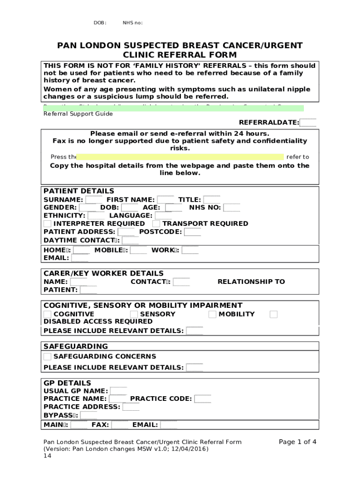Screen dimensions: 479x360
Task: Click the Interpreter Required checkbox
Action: (48, 224)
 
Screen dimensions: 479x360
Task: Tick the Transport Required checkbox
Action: (156, 224)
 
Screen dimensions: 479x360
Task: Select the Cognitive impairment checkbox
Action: (48, 314)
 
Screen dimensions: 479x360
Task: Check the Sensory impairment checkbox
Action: (134, 314)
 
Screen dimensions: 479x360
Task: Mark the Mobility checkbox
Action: (212, 314)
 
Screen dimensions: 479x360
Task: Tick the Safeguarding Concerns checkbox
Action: (48, 356)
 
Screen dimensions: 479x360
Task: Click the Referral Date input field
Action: (308, 123)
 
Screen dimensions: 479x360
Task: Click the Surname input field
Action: (94, 200)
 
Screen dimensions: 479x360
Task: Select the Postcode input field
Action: (192, 232)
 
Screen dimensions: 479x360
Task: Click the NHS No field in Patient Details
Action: (231, 208)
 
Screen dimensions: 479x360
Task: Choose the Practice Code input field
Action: (202, 399)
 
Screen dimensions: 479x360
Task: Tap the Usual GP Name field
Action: (118, 391)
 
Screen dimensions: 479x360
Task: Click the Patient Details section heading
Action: (79, 191)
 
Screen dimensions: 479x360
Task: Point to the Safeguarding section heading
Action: (75, 347)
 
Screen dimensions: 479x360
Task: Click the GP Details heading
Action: (67, 383)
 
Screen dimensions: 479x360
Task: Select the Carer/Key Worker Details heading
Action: (103, 273)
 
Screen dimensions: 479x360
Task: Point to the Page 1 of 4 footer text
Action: (297, 442)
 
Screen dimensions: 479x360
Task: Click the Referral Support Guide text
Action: (78, 114)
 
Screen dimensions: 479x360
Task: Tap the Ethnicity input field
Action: (96, 216)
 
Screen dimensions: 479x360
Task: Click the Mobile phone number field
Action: (138, 250)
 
